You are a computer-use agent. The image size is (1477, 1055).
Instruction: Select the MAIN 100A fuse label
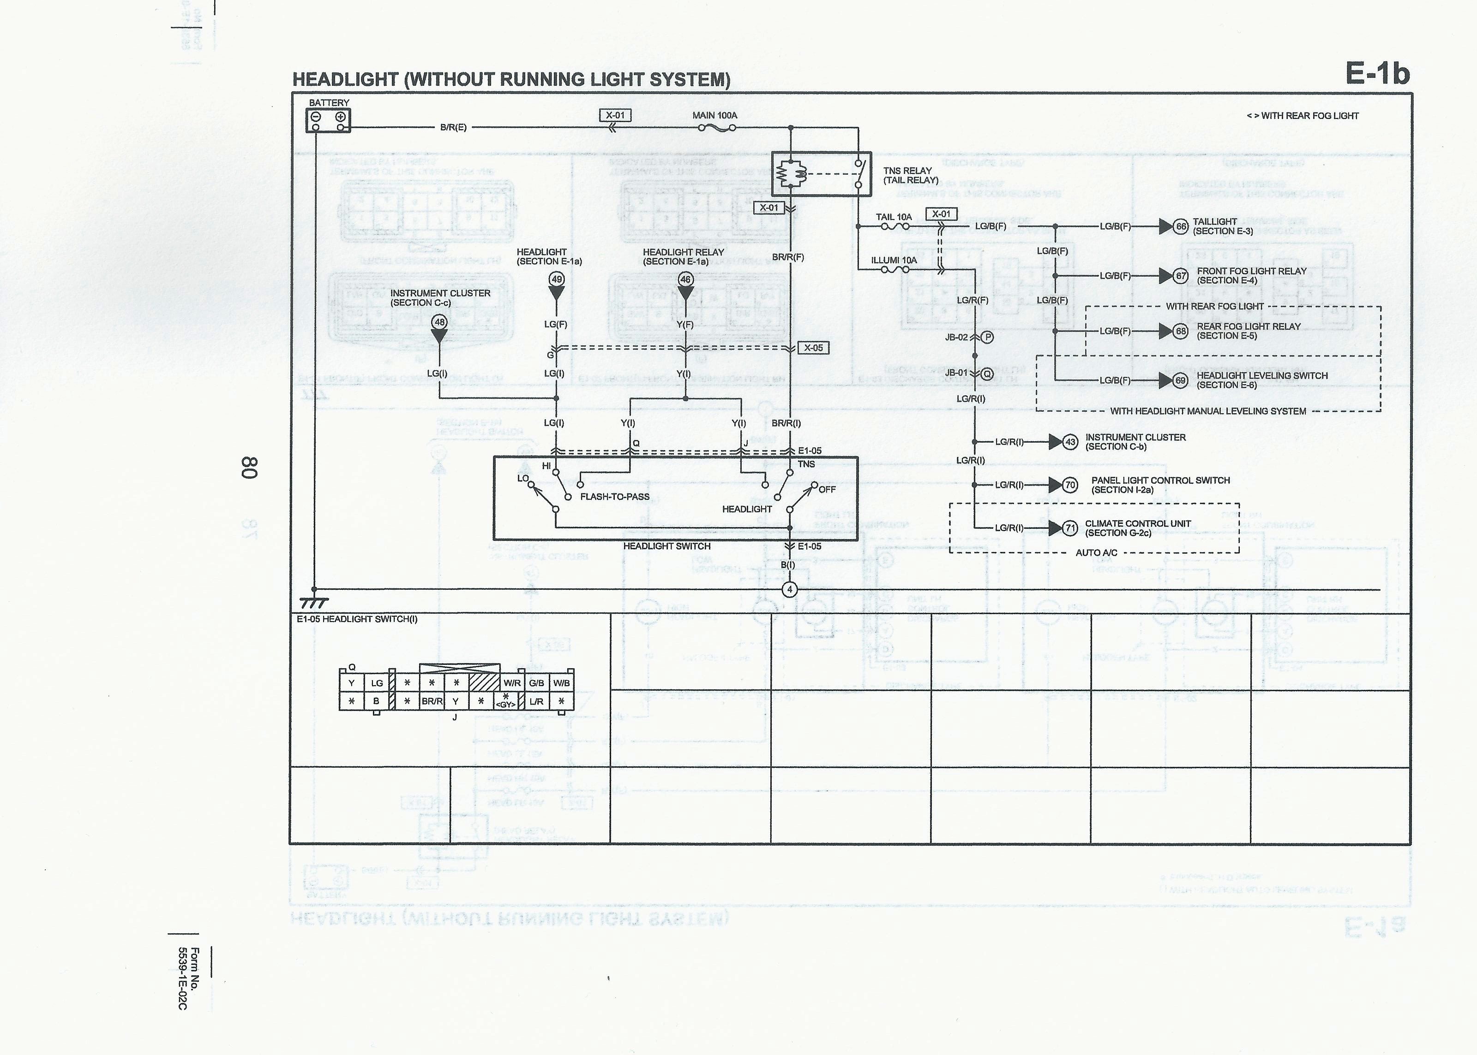pos(714,116)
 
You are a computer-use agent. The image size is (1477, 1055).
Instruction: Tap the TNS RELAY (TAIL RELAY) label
pos(910,175)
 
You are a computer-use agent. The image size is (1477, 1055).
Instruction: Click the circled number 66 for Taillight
pos(1181,227)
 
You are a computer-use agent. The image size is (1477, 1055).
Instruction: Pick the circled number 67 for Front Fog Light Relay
pos(1181,276)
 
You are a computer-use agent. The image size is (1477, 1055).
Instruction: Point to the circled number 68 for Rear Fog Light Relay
pos(1181,332)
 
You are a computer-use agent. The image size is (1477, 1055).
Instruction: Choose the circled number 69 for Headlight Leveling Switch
pos(1181,381)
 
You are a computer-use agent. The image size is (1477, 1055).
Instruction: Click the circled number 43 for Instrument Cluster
pos(1069,442)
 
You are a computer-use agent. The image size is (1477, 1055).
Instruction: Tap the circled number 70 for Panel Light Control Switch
pos(1070,485)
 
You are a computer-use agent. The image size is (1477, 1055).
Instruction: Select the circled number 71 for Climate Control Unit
pos(1070,528)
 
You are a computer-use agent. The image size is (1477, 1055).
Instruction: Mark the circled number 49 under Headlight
pos(557,280)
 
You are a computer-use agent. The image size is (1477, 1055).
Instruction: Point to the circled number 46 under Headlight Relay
pos(685,280)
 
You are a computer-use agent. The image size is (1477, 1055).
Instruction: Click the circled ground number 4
pos(789,589)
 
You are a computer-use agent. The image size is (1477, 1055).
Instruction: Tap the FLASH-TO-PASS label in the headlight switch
pos(614,497)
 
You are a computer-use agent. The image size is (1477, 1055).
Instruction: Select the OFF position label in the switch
pos(827,490)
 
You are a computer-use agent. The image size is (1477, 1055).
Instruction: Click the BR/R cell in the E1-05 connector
pos(432,702)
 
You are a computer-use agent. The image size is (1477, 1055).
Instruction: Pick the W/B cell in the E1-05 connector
pos(561,683)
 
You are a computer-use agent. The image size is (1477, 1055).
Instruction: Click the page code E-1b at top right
pos(1377,75)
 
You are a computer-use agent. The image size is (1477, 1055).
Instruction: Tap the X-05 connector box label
pos(813,348)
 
